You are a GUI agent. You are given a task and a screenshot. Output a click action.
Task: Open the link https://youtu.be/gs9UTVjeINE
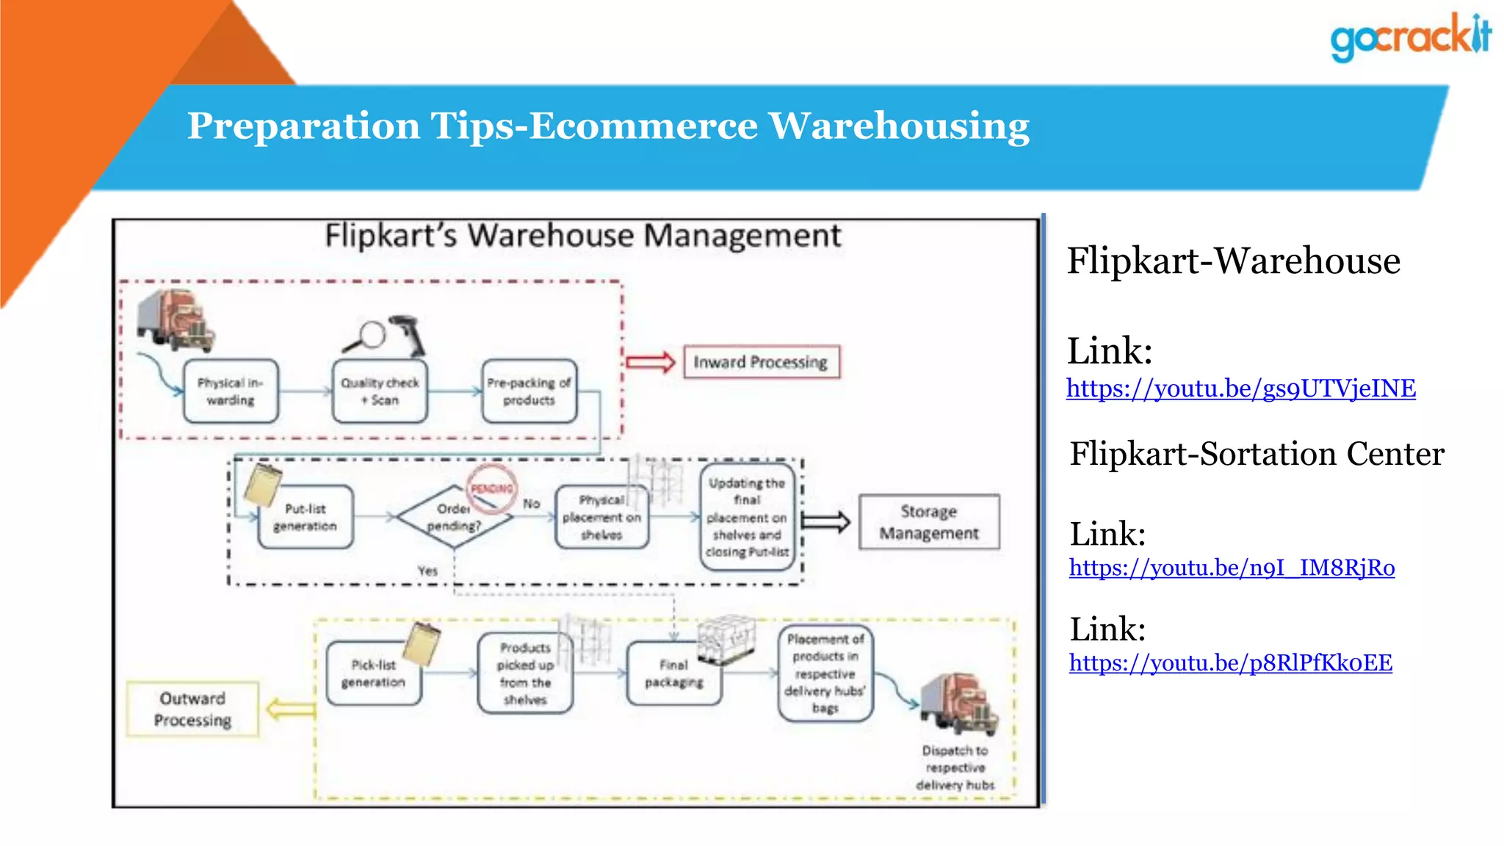pos(1240,388)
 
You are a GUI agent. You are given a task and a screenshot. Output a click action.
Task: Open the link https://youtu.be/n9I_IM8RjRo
pos(1232,568)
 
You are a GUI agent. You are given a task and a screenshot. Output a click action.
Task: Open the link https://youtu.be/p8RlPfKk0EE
pos(1230,663)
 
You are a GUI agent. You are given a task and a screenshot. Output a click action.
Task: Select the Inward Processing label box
pos(761,362)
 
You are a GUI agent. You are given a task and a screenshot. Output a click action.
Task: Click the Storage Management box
pos(929,522)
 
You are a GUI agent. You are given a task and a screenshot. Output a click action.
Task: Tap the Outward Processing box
pos(192,709)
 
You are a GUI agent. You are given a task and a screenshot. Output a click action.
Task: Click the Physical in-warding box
pos(231,391)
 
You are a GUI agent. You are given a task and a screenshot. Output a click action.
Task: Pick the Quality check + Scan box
pos(380,391)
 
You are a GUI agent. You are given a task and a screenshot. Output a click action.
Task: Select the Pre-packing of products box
pos(529,391)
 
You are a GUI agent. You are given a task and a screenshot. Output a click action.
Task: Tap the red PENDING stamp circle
pos(491,488)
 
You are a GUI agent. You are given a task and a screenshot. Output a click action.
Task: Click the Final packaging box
pos(673,674)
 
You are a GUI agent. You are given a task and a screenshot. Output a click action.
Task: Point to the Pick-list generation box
pos(373,674)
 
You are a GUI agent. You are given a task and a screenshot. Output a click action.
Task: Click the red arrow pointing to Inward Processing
pos(651,362)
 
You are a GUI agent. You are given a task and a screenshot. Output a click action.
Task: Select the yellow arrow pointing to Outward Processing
pos(291,709)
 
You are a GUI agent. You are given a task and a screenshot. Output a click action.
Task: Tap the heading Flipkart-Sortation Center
pos(1257,454)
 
